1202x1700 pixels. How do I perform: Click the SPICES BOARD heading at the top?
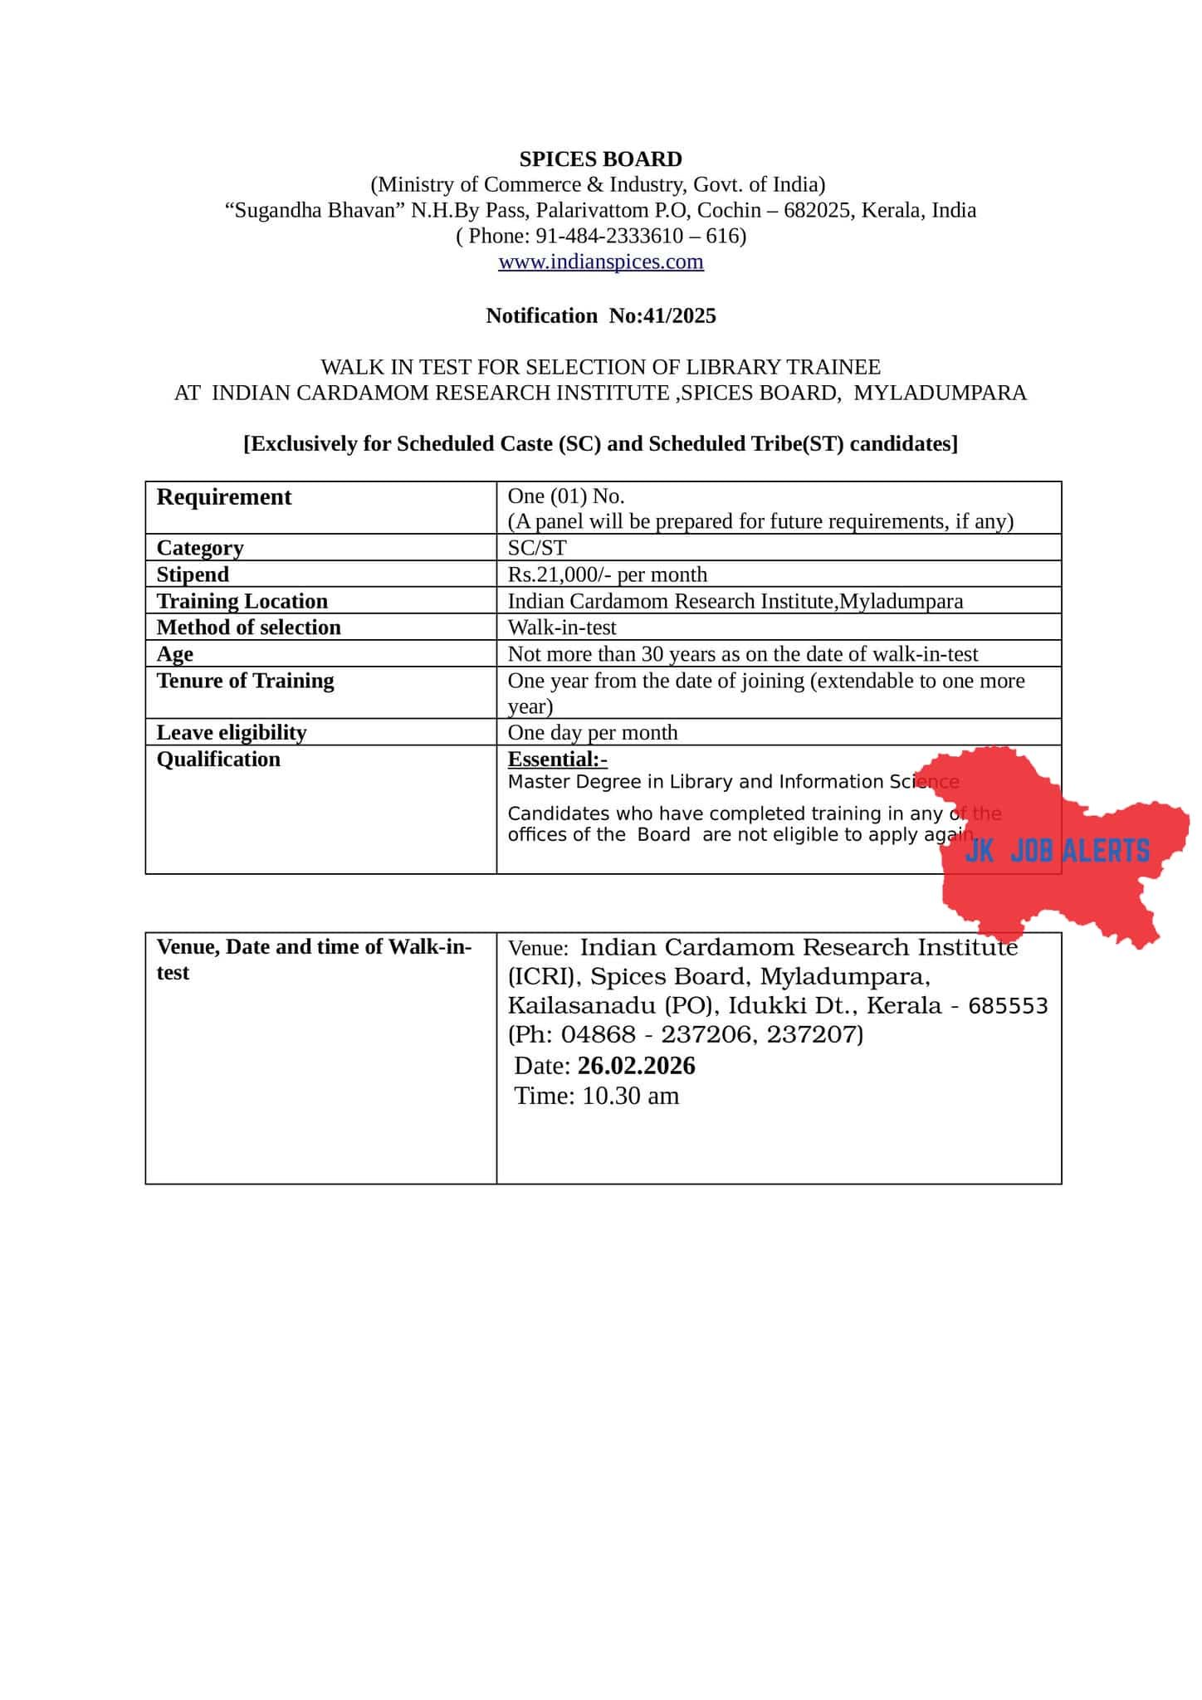click(600, 159)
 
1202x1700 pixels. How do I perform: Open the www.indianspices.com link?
click(600, 262)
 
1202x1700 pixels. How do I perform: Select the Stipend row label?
click(193, 574)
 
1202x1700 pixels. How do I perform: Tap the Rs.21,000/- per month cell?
click(607, 574)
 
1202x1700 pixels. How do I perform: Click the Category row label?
click(200, 548)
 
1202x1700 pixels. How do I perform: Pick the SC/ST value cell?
click(536, 548)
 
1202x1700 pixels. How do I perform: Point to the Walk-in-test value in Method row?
click(562, 628)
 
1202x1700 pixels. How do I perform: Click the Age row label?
click(174, 654)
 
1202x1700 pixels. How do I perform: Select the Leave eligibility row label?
click(232, 732)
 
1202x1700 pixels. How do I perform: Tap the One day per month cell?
click(592, 732)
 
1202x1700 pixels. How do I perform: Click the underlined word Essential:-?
click(557, 759)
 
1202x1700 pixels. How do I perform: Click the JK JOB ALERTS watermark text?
click(1057, 851)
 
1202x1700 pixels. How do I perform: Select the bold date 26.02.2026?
click(636, 1066)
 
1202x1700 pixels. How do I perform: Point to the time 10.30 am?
click(629, 1096)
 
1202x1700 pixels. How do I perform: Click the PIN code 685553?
click(1008, 1006)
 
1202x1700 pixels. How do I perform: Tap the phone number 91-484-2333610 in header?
click(598, 237)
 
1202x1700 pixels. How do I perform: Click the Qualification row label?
click(218, 760)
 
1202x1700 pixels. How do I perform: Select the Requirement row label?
click(224, 497)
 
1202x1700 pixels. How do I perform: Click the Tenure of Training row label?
click(245, 681)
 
